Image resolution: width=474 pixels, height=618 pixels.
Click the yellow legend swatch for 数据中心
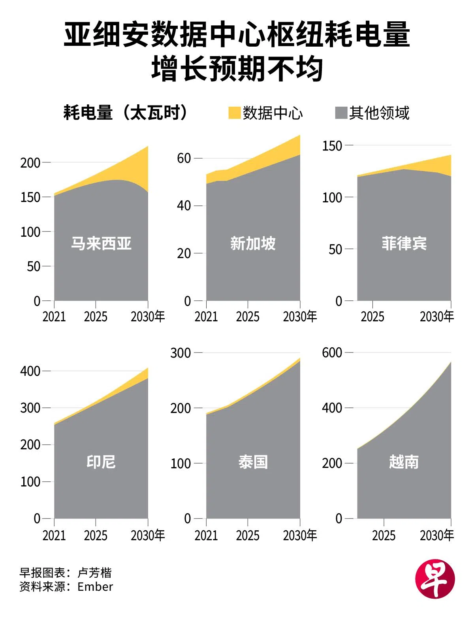[x=234, y=113]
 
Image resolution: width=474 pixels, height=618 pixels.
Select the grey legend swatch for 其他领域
[x=341, y=113]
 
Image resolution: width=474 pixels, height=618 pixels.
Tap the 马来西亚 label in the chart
[x=101, y=243]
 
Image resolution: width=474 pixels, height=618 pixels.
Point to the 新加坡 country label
[x=253, y=243]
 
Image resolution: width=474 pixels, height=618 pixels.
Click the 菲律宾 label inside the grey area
[x=404, y=243]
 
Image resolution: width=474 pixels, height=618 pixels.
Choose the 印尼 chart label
[x=101, y=462]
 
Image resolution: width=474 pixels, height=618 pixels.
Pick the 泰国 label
[x=253, y=462]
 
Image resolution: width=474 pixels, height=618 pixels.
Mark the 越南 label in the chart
[x=404, y=462]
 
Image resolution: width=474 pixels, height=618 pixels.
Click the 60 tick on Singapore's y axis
[x=184, y=158]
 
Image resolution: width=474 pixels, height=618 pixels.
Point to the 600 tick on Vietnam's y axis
[x=332, y=352]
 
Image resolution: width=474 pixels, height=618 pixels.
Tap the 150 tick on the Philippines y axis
[x=332, y=146]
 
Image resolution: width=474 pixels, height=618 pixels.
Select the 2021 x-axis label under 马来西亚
[x=54, y=317]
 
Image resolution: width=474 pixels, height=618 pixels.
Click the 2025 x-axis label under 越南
[x=384, y=535]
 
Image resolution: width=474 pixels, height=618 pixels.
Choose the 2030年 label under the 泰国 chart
[x=300, y=535]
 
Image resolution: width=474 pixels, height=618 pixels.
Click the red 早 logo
[x=435, y=579]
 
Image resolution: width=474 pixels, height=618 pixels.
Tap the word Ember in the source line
[x=95, y=587]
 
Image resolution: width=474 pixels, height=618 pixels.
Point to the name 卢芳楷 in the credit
[x=94, y=573]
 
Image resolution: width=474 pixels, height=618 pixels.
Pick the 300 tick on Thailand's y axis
[x=181, y=352]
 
